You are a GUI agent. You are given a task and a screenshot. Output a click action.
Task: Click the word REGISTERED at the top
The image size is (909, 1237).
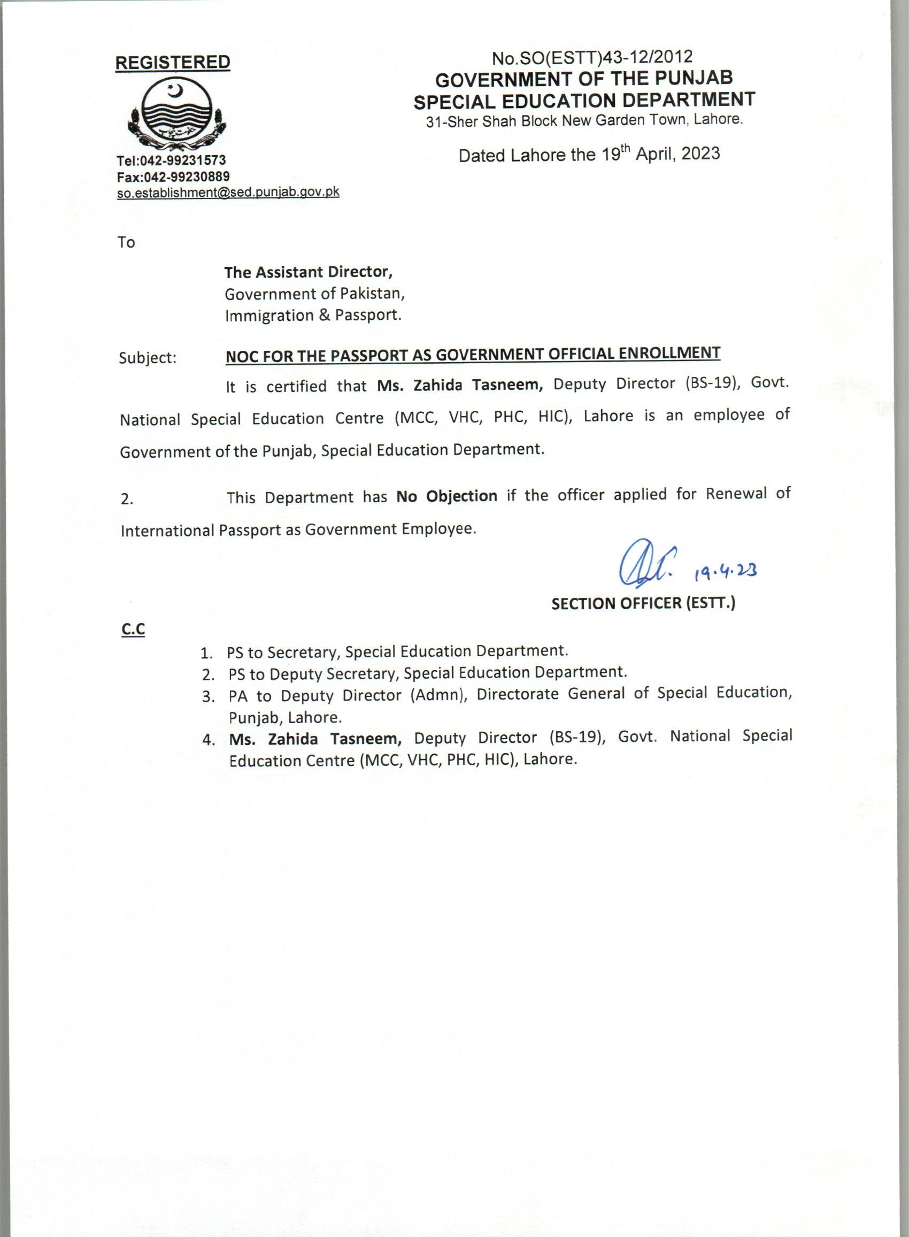tap(172, 63)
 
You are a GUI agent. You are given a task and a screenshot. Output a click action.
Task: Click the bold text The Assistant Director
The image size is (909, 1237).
tap(308, 272)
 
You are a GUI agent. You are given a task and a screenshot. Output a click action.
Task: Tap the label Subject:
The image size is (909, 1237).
tap(148, 358)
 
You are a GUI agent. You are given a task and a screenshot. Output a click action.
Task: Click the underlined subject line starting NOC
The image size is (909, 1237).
tap(473, 355)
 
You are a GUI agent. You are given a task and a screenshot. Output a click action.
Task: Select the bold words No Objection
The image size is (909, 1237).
tap(446, 496)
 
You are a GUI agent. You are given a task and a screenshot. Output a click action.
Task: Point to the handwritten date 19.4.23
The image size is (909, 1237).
tap(725, 573)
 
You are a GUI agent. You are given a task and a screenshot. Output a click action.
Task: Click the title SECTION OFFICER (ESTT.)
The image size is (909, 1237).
tap(643, 604)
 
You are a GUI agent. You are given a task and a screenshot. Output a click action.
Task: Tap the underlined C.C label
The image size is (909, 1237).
tap(133, 629)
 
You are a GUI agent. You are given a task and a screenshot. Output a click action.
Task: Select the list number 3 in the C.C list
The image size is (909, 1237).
tap(207, 697)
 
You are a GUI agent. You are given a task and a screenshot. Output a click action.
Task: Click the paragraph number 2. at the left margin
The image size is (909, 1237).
tap(127, 499)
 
